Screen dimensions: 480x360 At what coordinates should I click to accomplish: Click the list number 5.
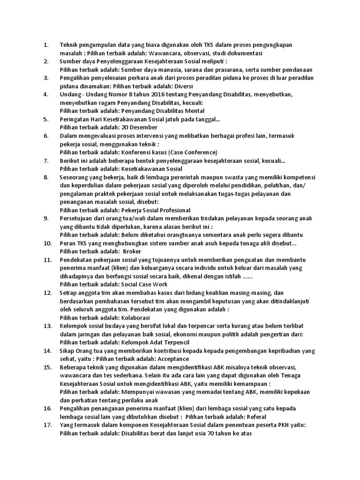click(45, 119)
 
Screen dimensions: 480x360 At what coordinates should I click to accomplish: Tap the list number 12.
click(47, 292)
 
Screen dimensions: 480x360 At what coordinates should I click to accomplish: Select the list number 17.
click(47, 425)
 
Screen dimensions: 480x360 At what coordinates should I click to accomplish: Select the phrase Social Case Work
click(144, 284)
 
